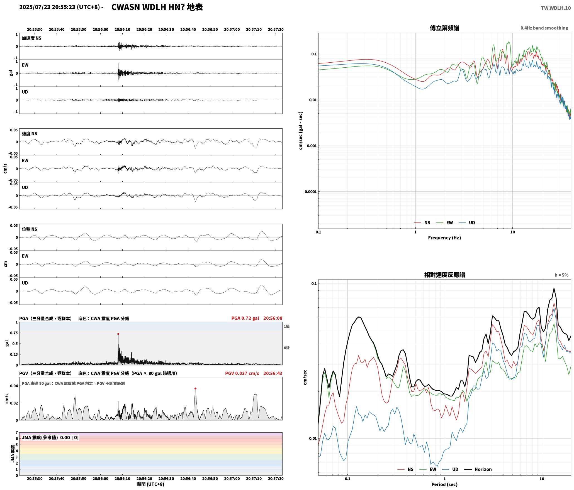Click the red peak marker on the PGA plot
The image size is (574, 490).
(x=118, y=334)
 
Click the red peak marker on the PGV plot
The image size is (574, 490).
(x=195, y=388)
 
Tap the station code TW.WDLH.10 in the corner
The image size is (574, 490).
(x=556, y=8)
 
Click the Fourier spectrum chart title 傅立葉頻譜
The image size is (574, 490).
(x=444, y=28)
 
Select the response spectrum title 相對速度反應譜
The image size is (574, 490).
(x=444, y=275)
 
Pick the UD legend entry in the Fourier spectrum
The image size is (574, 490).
(x=467, y=223)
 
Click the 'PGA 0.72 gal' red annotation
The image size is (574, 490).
(x=245, y=318)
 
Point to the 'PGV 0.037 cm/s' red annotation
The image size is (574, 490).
(x=242, y=373)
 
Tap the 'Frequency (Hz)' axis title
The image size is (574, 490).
(x=444, y=238)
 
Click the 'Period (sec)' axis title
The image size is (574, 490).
(x=444, y=484)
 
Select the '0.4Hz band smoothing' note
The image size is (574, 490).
(x=544, y=28)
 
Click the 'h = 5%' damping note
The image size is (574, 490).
(x=561, y=275)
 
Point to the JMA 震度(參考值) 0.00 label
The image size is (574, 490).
(x=50, y=438)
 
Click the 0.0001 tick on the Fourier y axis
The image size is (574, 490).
(x=311, y=192)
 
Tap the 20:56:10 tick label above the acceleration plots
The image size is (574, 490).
(x=122, y=30)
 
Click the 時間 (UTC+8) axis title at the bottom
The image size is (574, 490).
(x=150, y=484)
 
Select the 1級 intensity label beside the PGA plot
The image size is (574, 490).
(x=287, y=326)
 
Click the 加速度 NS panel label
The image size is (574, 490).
(x=31, y=38)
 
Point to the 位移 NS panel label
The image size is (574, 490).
(x=29, y=229)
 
